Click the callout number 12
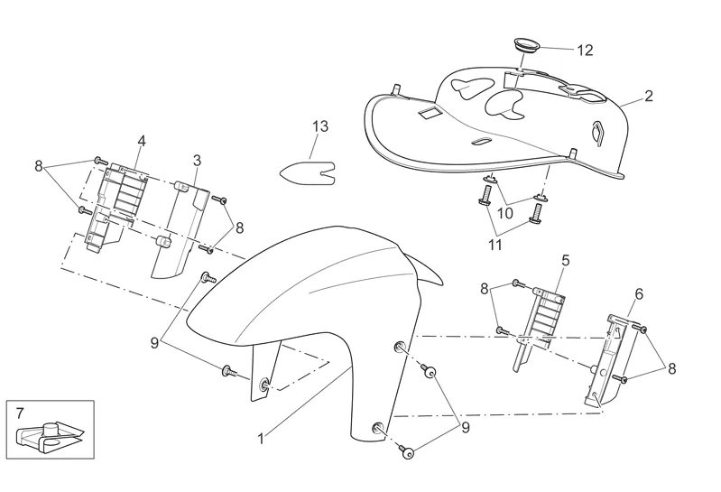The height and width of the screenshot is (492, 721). (585, 50)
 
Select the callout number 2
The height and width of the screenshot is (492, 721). (648, 94)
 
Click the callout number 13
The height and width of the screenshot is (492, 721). (320, 127)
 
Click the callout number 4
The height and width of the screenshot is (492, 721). (142, 141)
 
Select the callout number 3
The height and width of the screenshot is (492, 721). (197, 160)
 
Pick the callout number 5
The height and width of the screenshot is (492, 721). (565, 260)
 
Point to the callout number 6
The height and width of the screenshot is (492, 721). (638, 294)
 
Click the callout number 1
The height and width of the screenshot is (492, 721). (261, 439)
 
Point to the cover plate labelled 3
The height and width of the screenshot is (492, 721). (176, 230)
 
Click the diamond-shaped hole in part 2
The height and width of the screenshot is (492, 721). (596, 131)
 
